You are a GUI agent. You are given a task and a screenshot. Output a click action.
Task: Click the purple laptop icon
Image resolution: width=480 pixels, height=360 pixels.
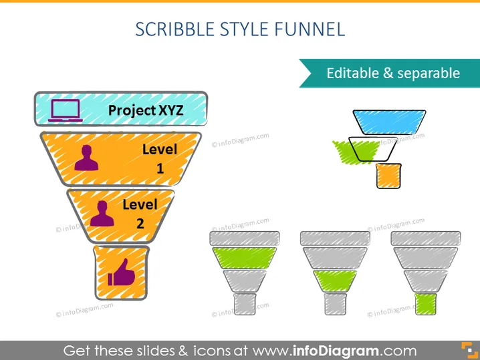point(66,110)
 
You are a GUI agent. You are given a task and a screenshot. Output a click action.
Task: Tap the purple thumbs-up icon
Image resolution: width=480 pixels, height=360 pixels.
point(122,273)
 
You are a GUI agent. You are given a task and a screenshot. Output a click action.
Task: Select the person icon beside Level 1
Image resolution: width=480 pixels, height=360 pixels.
point(87,158)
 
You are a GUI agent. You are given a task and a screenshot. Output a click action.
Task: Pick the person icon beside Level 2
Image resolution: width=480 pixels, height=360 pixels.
point(102,214)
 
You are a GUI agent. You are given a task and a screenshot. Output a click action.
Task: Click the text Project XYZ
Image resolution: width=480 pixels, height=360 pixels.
point(146,110)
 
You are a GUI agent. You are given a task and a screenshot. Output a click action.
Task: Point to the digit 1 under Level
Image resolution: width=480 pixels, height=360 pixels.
point(160,168)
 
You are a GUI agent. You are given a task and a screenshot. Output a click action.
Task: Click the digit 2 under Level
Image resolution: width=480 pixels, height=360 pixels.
point(140,223)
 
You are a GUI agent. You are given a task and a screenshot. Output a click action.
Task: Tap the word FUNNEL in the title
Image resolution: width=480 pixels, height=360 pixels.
point(310,29)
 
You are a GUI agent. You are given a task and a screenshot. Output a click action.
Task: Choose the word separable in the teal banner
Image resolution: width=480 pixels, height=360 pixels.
point(429,73)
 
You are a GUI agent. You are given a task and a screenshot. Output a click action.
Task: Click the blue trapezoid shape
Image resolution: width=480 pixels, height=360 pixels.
point(389,122)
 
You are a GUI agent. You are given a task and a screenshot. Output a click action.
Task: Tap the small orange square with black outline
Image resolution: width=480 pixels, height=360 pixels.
point(389,176)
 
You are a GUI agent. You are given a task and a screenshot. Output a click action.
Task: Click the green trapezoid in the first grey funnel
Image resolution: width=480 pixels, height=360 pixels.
point(244,258)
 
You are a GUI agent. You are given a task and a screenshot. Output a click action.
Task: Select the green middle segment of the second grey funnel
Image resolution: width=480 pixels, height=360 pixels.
point(335,281)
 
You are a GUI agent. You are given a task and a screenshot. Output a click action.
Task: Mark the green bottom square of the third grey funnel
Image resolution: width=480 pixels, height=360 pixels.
point(425,304)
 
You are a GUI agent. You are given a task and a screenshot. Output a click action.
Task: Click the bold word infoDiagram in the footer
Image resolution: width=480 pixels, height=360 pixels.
point(336,351)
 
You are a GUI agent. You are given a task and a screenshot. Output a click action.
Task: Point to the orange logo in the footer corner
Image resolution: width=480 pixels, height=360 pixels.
point(469,351)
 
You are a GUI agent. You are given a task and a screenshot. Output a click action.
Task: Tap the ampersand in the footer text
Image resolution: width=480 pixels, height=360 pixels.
point(183,351)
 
